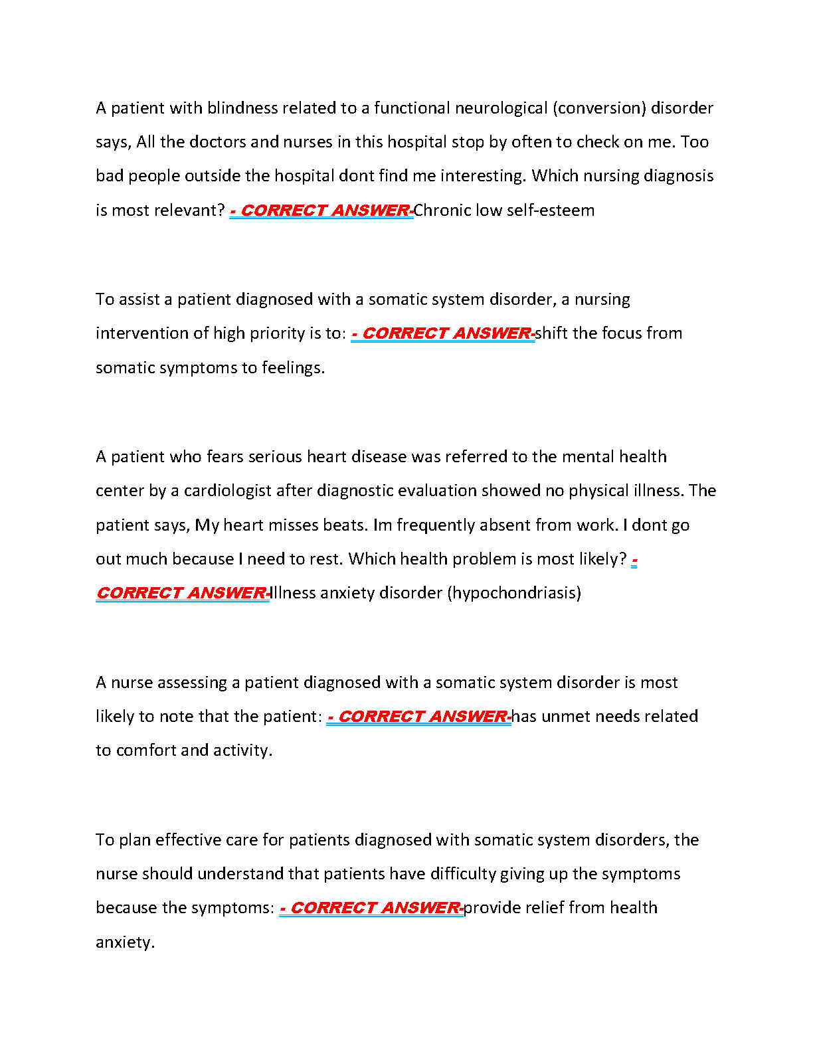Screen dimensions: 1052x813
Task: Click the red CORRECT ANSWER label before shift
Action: coord(443,333)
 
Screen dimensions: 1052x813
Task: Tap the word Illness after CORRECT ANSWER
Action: coord(293,593)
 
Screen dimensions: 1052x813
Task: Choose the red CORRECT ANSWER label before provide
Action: coord(371,908)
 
